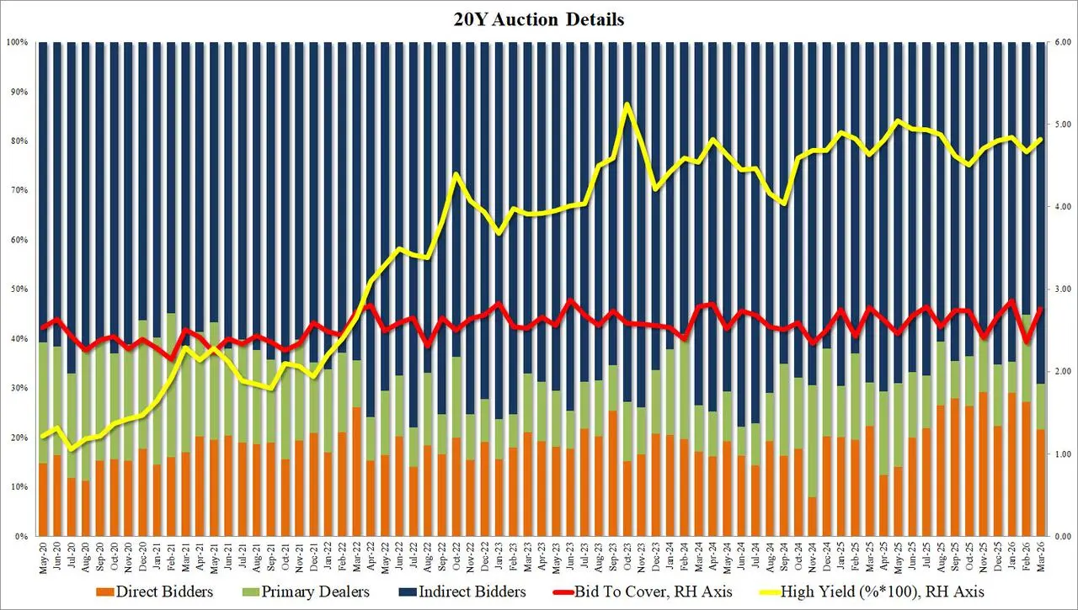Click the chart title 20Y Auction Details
point(539,19)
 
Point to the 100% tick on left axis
point(18,42)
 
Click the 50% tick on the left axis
point(19,289)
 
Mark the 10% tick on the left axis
point(19,487)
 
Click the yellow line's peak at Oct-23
point(627,104)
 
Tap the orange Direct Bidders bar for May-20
point(43,500)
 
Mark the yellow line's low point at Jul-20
point(71,449)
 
